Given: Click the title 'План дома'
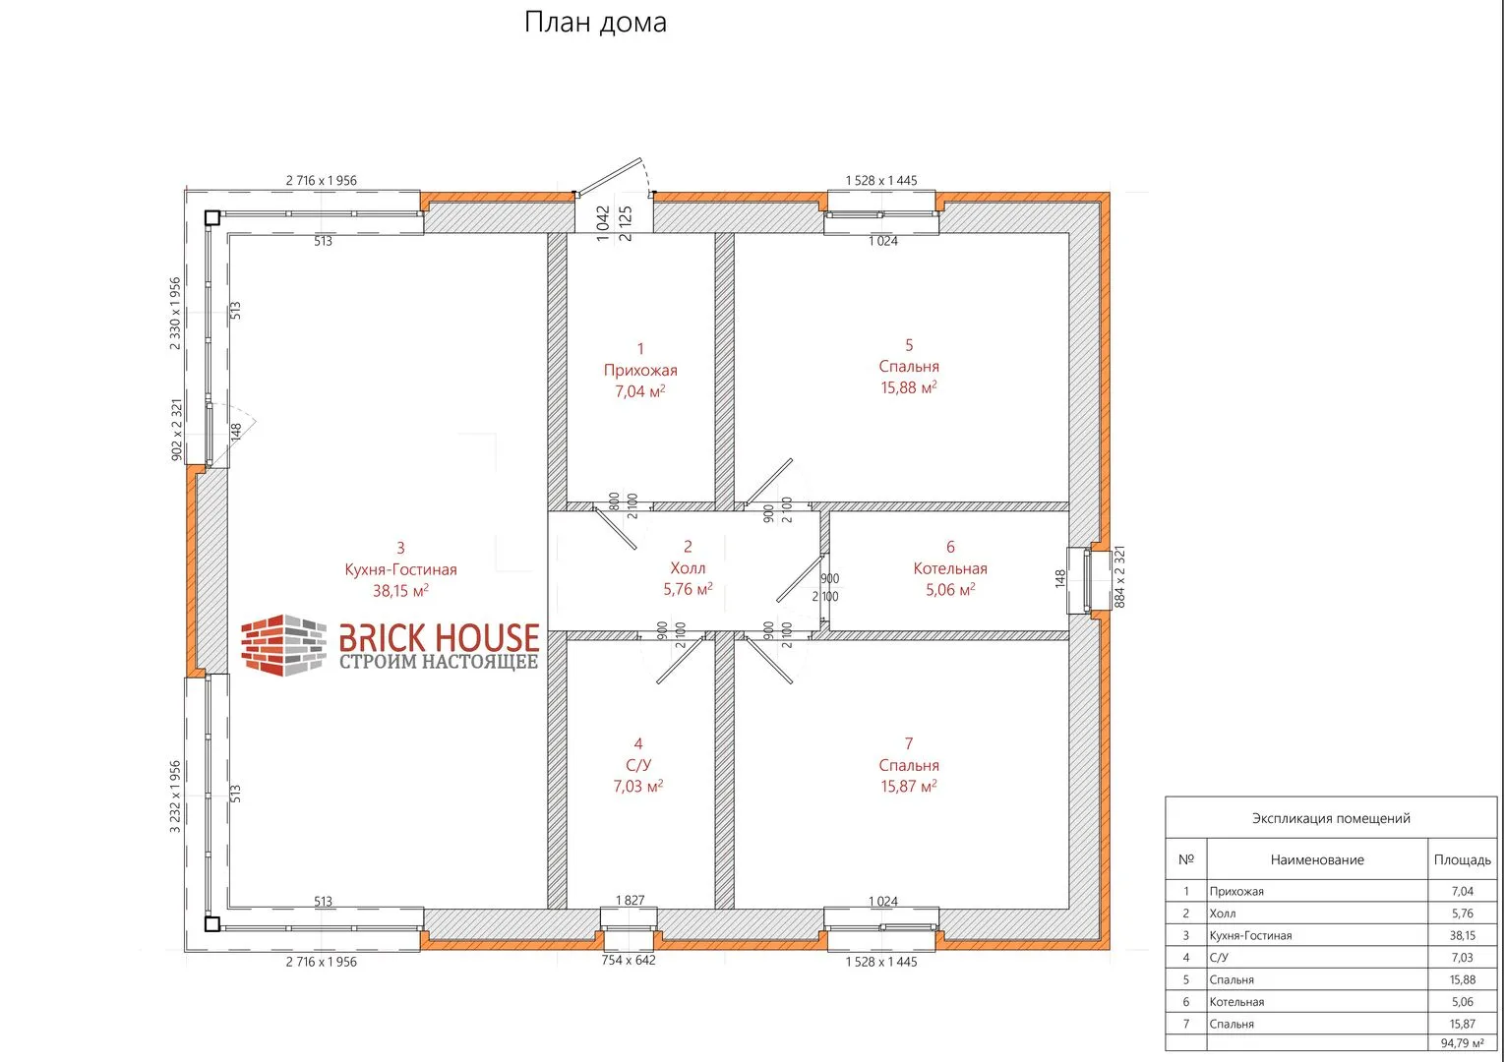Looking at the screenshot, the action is coord(595,23).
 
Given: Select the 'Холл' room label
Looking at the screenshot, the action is coord(688,568).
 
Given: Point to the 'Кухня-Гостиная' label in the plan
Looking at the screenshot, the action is coord(400,569).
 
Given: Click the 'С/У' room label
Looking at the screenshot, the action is coord(638,765).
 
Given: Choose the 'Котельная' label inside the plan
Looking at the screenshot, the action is coord(950,568).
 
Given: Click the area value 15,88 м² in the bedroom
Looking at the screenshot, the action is coord(908,387).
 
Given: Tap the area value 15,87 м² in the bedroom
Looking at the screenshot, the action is coord(908,786).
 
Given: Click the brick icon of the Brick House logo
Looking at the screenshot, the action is coord(283,645).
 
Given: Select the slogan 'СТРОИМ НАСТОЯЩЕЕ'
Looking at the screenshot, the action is coord(438,662).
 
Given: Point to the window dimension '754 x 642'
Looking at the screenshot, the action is coord(629,960).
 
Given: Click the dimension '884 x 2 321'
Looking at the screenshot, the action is coord(1119,577).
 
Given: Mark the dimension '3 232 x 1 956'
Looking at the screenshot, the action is coord(175,796).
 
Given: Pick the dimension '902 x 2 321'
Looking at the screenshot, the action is coord(177,430).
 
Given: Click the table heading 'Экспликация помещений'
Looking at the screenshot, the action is coord(1331,818).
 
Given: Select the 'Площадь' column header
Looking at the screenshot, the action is coord(1462,859).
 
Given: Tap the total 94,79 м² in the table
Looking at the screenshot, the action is coord(1462,1043).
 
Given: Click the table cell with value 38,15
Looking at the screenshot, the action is coord(1462,935).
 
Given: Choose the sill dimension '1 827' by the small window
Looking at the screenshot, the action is coord(630,900).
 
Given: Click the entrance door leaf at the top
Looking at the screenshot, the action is coord(610,177).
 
